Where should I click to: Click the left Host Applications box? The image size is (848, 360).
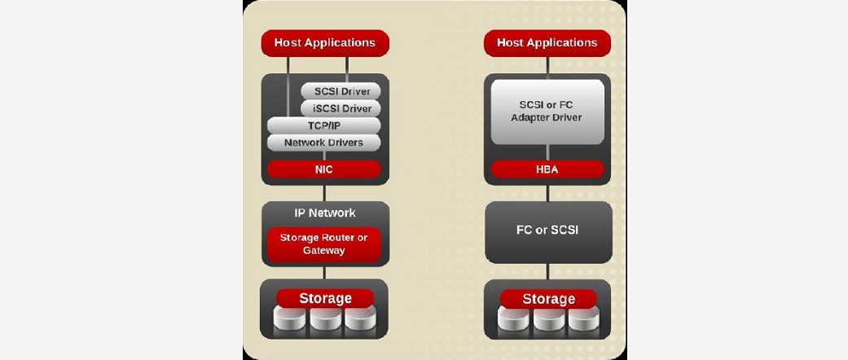(x=324, y=43)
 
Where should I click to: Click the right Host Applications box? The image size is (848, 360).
(x=547, y=43)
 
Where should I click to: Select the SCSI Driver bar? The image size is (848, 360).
(x=341, y=91)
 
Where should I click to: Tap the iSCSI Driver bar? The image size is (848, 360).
(x=341, y=108)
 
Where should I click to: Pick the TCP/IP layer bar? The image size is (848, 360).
(x=323, y=125)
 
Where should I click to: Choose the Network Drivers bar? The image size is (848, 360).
(x=323, y=143)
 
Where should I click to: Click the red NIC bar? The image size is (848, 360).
(x=323, y=169)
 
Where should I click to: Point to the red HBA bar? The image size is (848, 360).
(x=547, y=169)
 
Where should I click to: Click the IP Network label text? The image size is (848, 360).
(x=324, y=213)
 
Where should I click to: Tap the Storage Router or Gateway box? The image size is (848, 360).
(x=323, y=244)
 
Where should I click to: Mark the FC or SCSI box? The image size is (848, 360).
(x=547, y=230)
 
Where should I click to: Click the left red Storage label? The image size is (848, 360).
(x=325, y=298)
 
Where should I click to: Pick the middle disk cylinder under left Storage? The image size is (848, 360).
(x=325, y=320)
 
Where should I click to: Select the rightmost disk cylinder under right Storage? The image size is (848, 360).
(x=583, y=321)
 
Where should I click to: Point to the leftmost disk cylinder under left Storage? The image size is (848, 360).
(x=291, y=320)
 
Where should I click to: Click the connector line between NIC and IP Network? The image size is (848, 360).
(x=324, y=193)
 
